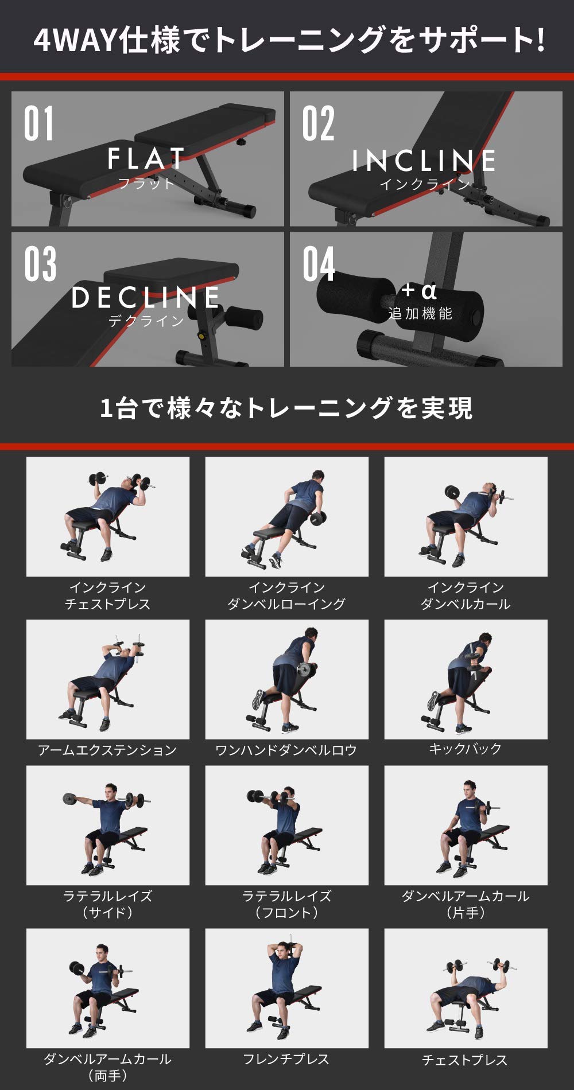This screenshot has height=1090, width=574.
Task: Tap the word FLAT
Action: pyautogui.click(x=146, y=159)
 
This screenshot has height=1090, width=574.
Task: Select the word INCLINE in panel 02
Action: pyautogui.click(x=424, y=161)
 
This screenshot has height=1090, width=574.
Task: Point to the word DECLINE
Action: pyautogui.click(x=146, y=298)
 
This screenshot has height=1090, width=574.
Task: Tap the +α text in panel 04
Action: pyautogui.click(x=419, y=291)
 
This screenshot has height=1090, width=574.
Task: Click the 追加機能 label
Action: pyautogui.click(x=420, y=314)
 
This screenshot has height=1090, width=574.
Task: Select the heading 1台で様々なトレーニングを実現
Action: pyautogui.click(x=286, y=408)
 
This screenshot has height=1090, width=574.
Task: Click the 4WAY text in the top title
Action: pyautogui.click(x=75, y=40)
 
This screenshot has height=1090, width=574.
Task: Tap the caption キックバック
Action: pyautogui.click(x=466, y=749)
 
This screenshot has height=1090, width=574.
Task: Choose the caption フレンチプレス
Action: pyautogui.click(x=286, y=1059)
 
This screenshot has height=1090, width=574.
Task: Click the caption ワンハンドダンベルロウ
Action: pyautogui.click(x=286, y=750)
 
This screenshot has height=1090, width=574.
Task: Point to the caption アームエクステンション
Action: pyautogui.click(x=107, y=750)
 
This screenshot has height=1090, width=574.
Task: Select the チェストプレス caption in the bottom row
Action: pyautogui.click(x=465, y=1060)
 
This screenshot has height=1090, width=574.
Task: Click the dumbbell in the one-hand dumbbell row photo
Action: pyautogui.click(x=304, y=669)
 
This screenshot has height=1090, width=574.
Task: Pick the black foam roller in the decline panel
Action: pyautogui.click(x=243, y=317)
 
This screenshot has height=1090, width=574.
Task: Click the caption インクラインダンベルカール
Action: pyautogui.click(x=466, y=595)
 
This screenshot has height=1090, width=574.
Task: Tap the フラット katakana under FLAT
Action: pyautogui.click(x=146, y=184)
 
